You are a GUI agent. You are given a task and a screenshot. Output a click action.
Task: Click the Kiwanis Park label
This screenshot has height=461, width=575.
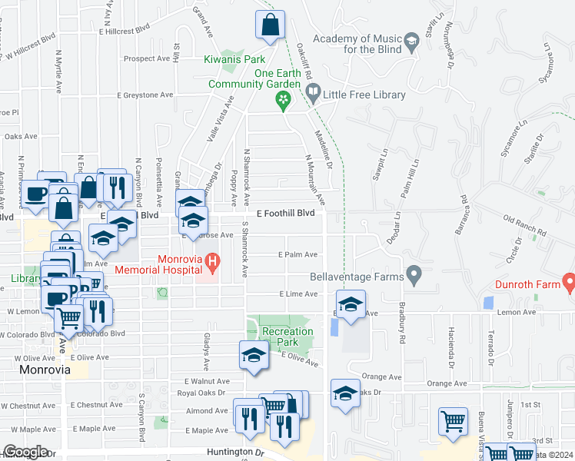click(234, 58)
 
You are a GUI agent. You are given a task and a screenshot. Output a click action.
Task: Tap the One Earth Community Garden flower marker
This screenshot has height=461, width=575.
click(283, 98)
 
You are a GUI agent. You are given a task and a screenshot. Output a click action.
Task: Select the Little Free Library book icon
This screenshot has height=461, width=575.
click(313, 94)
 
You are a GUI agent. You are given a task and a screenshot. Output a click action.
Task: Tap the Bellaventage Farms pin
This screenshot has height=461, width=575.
click(414, 274)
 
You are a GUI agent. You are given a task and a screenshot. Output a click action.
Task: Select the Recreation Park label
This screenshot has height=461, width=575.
click(287, 337)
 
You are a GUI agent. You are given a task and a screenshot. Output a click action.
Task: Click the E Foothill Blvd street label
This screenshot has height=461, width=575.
click(286, 213)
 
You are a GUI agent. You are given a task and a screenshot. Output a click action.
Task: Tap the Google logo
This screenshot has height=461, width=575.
click(25, 451)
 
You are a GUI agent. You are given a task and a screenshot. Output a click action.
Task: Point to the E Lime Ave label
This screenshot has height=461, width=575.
click(297, 294)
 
